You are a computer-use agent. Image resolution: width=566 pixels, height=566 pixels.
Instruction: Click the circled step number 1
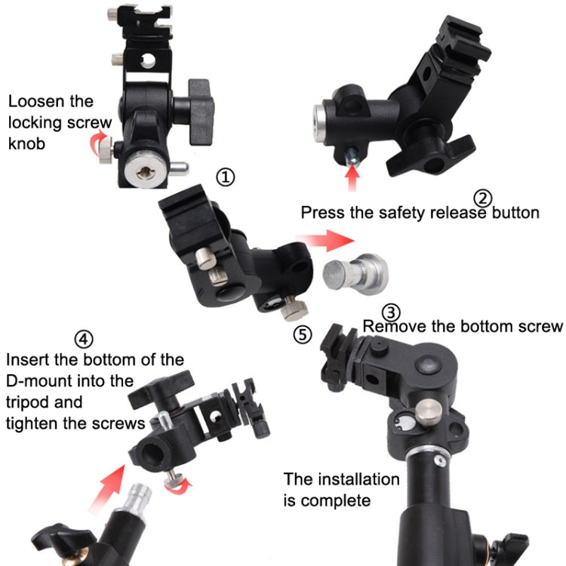click(226, 177)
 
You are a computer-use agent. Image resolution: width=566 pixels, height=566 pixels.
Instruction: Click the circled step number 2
click(482, 198)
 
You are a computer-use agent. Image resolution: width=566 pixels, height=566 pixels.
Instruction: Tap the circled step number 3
click(391, 312)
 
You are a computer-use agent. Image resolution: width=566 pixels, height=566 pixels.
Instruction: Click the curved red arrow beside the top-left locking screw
click(97, 140)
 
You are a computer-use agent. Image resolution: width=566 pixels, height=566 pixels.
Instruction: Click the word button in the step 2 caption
click(513, 212)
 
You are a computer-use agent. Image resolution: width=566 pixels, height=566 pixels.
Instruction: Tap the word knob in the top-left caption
click(26, 143)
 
